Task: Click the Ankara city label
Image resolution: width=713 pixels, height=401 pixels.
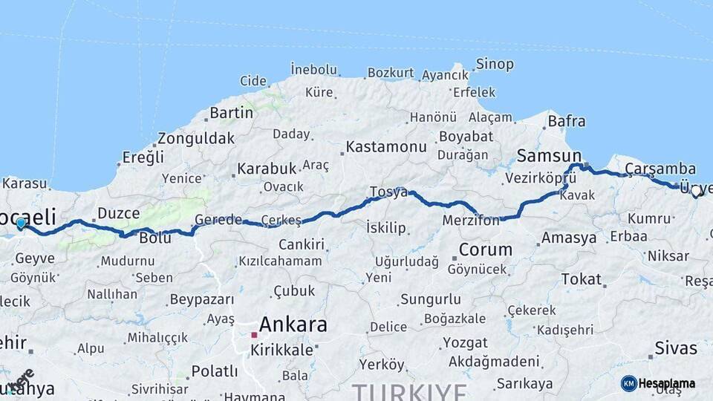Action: coord(293,325)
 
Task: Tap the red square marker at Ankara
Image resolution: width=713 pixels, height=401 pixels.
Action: coord(254,335)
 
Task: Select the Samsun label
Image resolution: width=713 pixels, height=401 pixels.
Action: coord(549,155)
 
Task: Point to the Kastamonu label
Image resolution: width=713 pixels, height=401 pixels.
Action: coord(386,146)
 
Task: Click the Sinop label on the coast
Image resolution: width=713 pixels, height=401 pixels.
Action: coord(495,64)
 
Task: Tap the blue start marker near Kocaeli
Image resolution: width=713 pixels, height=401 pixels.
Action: coord(21,223)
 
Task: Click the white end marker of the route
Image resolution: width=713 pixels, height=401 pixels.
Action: coord(696,191)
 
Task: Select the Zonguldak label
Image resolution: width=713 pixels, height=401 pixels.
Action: coord(196,138)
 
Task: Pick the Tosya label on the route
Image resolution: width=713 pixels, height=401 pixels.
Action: coord(389,192)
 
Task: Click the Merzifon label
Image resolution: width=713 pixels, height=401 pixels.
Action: coord(471,221)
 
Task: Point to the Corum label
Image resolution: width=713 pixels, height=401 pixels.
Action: coord(486,250)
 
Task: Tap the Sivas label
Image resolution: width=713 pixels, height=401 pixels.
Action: coord(676,348)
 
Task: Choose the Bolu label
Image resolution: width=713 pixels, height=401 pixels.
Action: coord(155,238)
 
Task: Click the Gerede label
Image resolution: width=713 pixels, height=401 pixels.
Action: coord(218,220)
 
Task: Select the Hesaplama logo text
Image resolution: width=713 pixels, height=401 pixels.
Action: coord(667,383)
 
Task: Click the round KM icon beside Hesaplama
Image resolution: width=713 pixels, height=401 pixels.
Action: coord(628,383)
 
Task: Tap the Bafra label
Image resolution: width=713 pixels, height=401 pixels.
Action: coord(567,121)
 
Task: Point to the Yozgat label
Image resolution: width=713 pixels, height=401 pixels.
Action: coord(465,343)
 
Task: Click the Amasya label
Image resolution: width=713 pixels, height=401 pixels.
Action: coord(569,238)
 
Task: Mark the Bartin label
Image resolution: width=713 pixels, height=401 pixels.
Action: coord(231,113)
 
